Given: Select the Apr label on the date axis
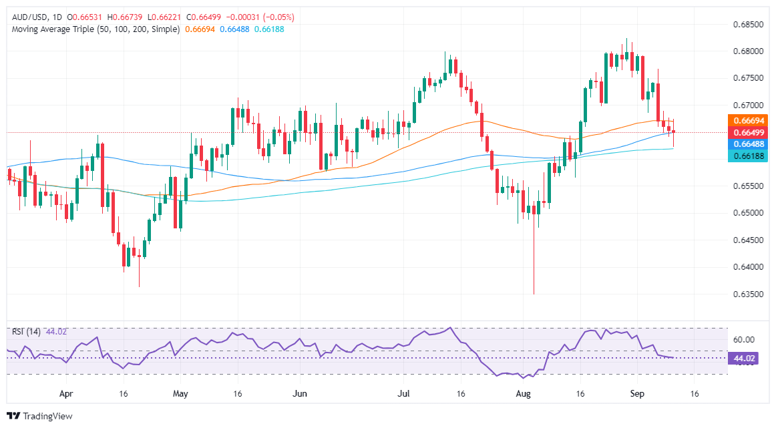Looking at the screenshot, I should tap(65, 394).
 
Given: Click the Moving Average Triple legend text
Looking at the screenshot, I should tap(93, 29).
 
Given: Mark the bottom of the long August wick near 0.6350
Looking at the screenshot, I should tap(534, 294).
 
